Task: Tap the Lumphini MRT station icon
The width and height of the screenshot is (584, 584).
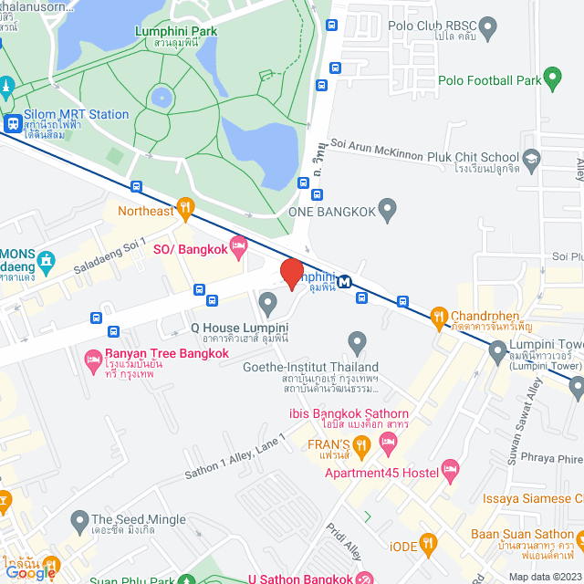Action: [344, 282]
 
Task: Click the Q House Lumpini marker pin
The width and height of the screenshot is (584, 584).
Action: [267, 302]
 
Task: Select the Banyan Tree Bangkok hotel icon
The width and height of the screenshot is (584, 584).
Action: [93, 359]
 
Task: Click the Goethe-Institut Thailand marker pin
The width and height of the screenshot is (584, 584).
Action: [357, 343]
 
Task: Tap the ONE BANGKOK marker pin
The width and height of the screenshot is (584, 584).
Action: [387, 211]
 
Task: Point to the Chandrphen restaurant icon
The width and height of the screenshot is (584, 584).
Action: [439, 317]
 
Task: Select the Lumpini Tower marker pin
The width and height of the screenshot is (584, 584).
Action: [497, 349]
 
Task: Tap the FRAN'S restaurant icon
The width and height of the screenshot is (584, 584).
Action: [361, 447]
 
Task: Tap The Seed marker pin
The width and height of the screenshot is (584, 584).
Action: [78, 524]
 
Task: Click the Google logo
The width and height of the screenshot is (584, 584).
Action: [29, 571]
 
